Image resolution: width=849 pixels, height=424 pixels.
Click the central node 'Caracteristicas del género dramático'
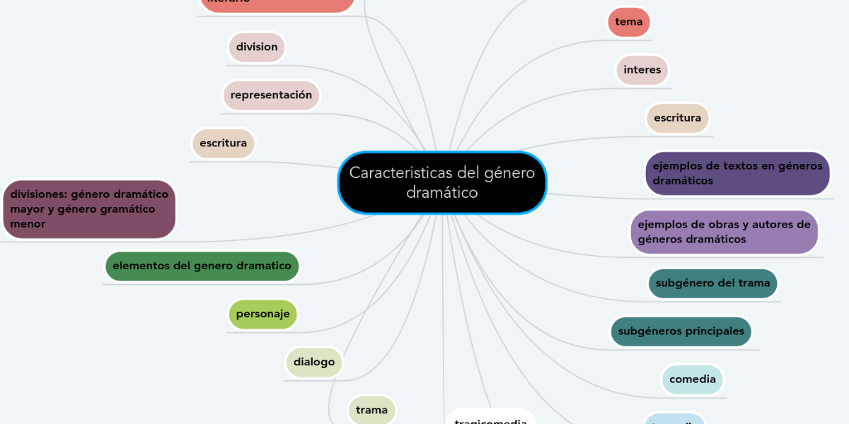442,182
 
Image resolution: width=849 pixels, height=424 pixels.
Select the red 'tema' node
629,22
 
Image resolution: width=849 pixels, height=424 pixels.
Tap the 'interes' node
642,70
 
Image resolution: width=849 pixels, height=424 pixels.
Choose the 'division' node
256,47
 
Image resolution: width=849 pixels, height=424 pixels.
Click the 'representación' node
271,95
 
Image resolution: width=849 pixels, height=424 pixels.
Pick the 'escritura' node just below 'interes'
677,118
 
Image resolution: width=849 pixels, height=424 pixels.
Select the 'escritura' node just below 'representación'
223,143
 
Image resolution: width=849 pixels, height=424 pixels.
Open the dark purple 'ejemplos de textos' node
737,173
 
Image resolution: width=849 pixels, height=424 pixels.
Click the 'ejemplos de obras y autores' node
724,232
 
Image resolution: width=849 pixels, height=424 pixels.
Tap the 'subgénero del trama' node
712,283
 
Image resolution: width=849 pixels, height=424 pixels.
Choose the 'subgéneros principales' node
681,331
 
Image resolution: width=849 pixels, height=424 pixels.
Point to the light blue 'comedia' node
692,379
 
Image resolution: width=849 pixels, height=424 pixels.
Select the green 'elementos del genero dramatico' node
202,266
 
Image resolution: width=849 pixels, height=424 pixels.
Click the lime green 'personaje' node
262,314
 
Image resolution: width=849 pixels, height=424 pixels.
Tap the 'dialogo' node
314,362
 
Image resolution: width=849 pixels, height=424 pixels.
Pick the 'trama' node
371,410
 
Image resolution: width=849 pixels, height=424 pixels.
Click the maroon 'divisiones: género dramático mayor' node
89,208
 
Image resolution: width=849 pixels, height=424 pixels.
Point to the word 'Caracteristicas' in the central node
400,172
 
